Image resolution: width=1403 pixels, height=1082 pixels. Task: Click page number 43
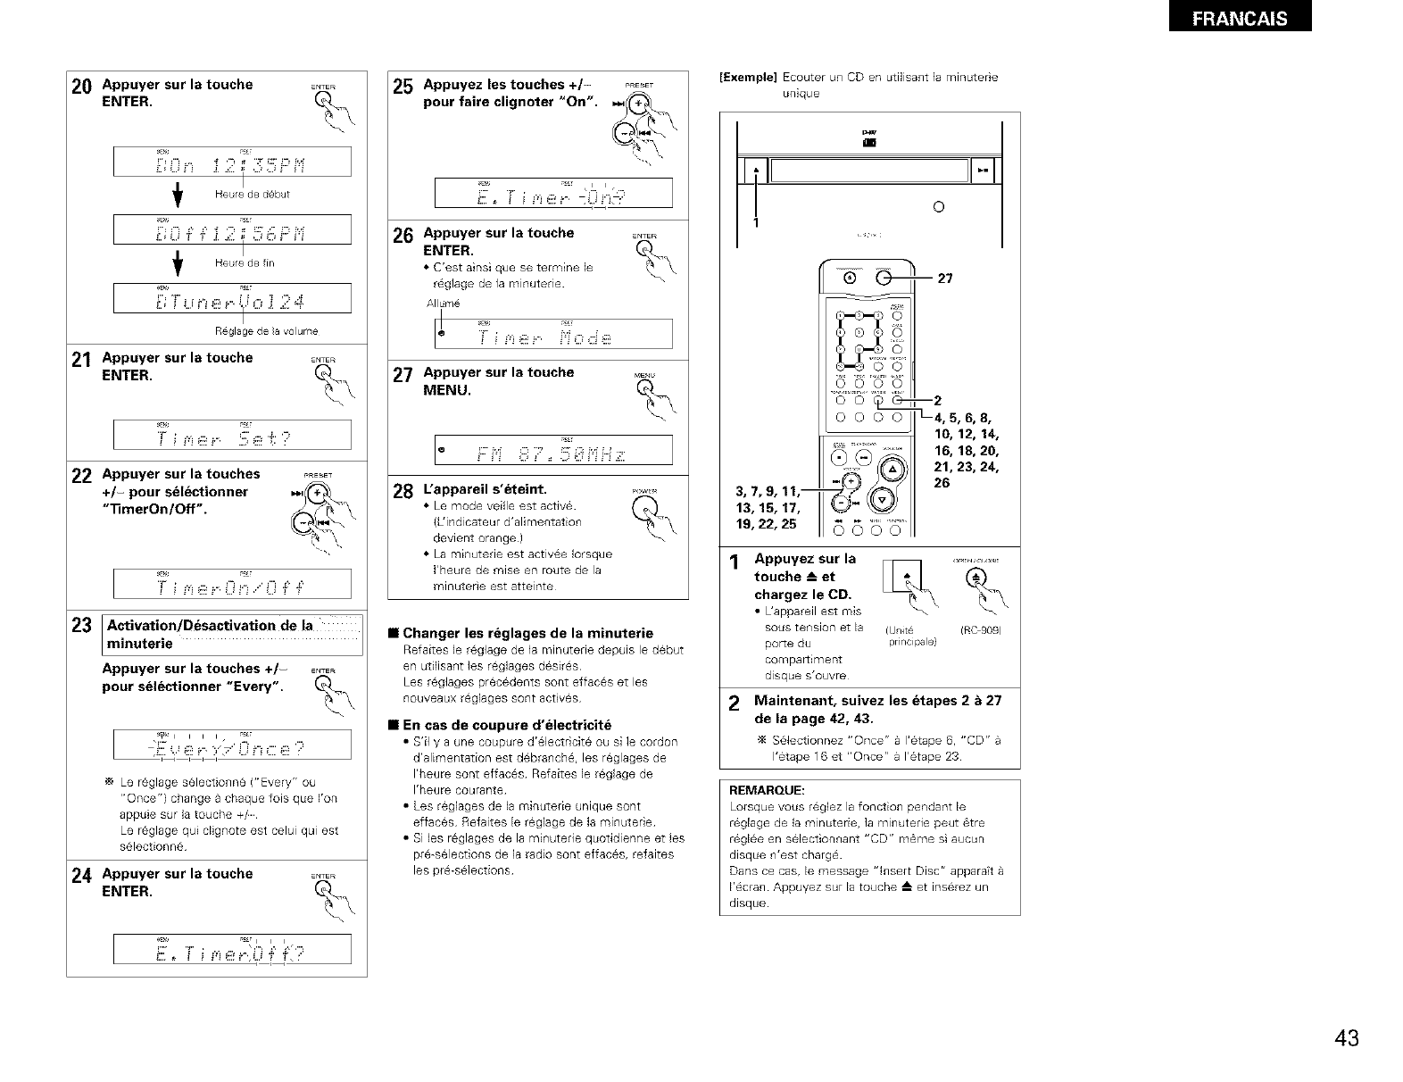pyautogui.click(x=1346, y=1037)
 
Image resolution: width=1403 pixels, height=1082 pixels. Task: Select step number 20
pyautogui.click(x=81, y=87)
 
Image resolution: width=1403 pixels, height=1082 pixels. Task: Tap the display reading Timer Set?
pyautogui.click(x=232, y=435)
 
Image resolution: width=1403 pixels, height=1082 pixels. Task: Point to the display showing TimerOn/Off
pyautogui.click(x=232, y=584)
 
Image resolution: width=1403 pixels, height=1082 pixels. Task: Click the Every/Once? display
pyautogui.click(x=232, y=746)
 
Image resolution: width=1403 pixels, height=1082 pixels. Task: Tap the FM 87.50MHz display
pyautogui.click(x=553, y=450)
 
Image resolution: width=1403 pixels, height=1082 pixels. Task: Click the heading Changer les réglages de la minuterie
pyautogui.click(x=527, y=633)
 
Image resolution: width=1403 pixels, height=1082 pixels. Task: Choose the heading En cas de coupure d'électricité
pyautogui.click(x=506, y=724)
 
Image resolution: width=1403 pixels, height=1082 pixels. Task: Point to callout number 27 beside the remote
pyautogui.click(x=945, y=279)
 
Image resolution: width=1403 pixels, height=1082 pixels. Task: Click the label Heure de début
pyautogui.click(x=253, y=194)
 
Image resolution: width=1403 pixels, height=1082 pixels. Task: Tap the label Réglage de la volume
pyautogui.click(x=254, y=331)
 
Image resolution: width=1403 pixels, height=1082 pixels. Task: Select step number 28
pyautogui.click(x=403, y=492)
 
